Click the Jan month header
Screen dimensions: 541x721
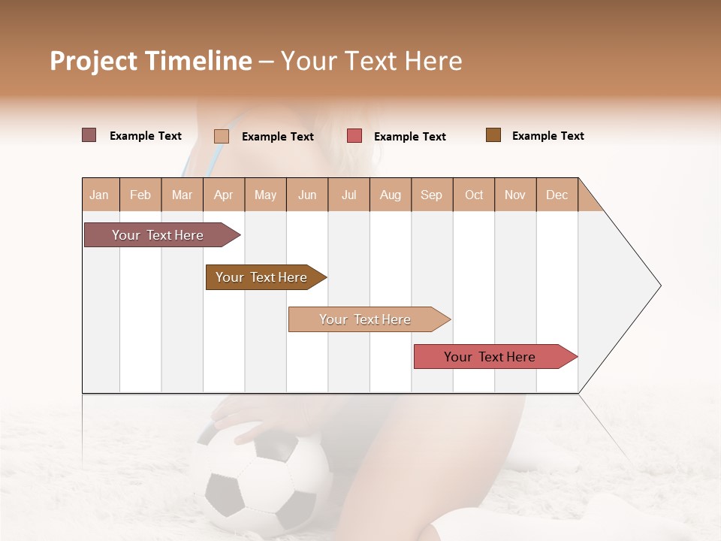(99, 195)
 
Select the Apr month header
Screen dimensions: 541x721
(224, 195)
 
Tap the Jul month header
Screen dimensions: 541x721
(348, 195)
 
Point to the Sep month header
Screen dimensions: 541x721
(431, 195)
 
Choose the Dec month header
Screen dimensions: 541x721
(557, 195)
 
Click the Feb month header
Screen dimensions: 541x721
(140, 195)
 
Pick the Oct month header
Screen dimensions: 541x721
(474, 195)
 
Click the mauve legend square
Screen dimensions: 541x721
(89, 135)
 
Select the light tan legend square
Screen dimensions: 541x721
(222, 136)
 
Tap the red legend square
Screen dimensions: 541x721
(354, 136)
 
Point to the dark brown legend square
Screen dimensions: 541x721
(493, 135)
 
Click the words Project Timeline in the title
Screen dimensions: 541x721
(150, 61)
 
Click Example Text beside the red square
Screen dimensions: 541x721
(410, 137)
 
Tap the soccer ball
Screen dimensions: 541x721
(259, 481)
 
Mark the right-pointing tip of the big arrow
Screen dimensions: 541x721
(659, 286)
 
